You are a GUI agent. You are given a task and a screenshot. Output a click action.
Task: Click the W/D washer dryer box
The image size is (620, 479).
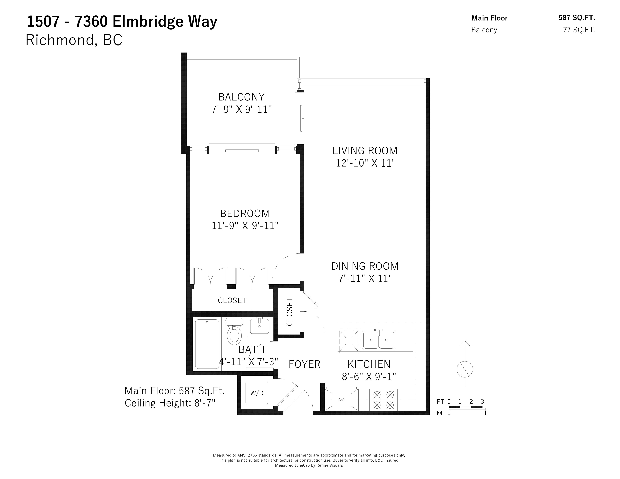pos(257,393)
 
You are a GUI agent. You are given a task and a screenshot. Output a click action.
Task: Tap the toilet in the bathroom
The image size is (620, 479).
pos(234,331)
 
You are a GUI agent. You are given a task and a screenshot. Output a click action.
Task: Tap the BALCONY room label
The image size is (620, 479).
pos(241,97)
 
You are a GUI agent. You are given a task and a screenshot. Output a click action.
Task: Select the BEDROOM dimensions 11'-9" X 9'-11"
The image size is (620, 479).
pos(245,226)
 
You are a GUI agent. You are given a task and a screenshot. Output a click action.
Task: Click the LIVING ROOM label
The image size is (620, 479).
pos(365,151)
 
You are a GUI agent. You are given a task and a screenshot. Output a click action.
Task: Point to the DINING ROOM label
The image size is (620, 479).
pos(365,266)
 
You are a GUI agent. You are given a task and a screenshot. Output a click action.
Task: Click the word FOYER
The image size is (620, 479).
pos(304,364)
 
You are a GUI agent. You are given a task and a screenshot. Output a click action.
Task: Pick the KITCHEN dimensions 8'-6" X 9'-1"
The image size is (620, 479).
pos(369,377)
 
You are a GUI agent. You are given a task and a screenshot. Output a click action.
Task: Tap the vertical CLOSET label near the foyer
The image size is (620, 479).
pos(289,312)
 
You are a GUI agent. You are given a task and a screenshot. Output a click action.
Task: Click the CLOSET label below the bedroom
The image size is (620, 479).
pos(232,300)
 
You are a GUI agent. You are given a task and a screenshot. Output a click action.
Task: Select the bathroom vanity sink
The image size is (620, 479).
pos(259,326)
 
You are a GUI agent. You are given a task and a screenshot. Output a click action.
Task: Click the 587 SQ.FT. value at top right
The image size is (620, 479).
pos(577,18)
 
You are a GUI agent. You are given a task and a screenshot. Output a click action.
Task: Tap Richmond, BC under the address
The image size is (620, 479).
pos(74,40)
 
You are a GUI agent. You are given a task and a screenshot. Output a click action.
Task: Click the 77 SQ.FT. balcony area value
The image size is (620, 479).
pos(579,30)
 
